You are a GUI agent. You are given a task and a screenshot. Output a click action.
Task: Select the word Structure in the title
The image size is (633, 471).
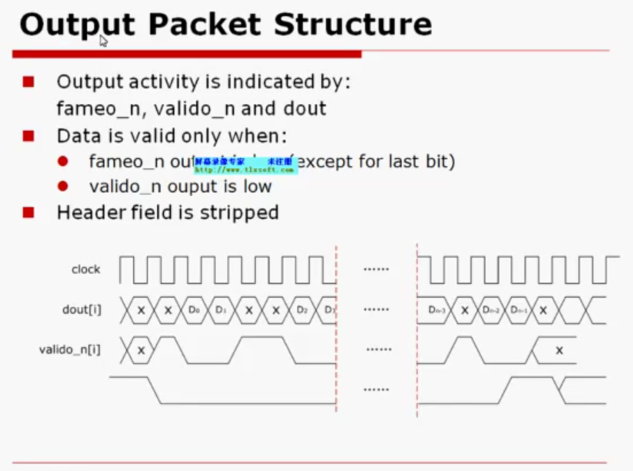click(353, 25)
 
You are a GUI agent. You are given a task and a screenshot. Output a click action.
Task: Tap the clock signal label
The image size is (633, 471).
click(85, 269)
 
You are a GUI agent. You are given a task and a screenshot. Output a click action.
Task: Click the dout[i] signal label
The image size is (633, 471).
click(81, 309)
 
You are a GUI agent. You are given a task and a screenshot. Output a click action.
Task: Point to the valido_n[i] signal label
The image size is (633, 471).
click(69, 350)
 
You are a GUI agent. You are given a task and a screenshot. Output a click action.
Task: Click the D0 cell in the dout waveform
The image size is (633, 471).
click(194, 309)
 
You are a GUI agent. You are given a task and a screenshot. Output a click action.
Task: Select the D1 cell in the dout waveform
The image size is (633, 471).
click(221, 309)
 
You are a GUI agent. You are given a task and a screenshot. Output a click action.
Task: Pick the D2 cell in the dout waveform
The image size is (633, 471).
click(302, 309)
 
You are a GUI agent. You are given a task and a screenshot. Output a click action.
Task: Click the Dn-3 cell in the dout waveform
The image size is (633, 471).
click(437, 309)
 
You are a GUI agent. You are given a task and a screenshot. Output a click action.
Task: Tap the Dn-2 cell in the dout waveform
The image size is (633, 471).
click(491, 309)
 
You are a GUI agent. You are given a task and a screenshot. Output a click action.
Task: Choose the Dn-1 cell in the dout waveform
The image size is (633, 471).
click(518, 309)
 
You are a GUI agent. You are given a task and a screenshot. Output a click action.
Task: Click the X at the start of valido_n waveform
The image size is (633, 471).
click(141, 350)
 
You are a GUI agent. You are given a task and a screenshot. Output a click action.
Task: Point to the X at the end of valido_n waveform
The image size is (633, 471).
click(559, 350)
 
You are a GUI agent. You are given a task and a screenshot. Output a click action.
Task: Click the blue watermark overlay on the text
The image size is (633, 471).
click(245, 164)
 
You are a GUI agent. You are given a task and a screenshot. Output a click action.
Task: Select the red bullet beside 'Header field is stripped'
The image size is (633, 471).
click(28, 212)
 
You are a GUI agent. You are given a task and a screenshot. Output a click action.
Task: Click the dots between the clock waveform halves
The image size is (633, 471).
click(376, 269)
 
